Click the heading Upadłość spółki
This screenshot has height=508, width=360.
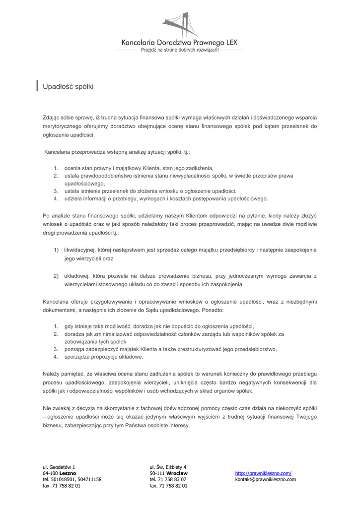pos(68,86)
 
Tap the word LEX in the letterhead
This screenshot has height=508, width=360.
pos(230,44)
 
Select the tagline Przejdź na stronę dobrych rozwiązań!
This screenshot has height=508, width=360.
pos(180,51)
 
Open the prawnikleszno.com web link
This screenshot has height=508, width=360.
pos(263,473)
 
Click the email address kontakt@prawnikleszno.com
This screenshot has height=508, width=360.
pos(265,480)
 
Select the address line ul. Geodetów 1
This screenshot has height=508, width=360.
pos(59,467)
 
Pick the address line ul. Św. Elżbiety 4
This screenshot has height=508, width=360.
pos(168,467)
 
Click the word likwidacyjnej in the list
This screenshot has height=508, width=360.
pos(79,250)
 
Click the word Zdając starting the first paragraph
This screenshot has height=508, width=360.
pos(51,118)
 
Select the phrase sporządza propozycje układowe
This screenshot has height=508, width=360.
pos(104,357)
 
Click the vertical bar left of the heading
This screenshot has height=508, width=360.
pos(38,86)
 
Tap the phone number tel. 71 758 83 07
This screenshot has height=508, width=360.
pos(168,480)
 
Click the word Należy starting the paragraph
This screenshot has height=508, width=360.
pos(52,373)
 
